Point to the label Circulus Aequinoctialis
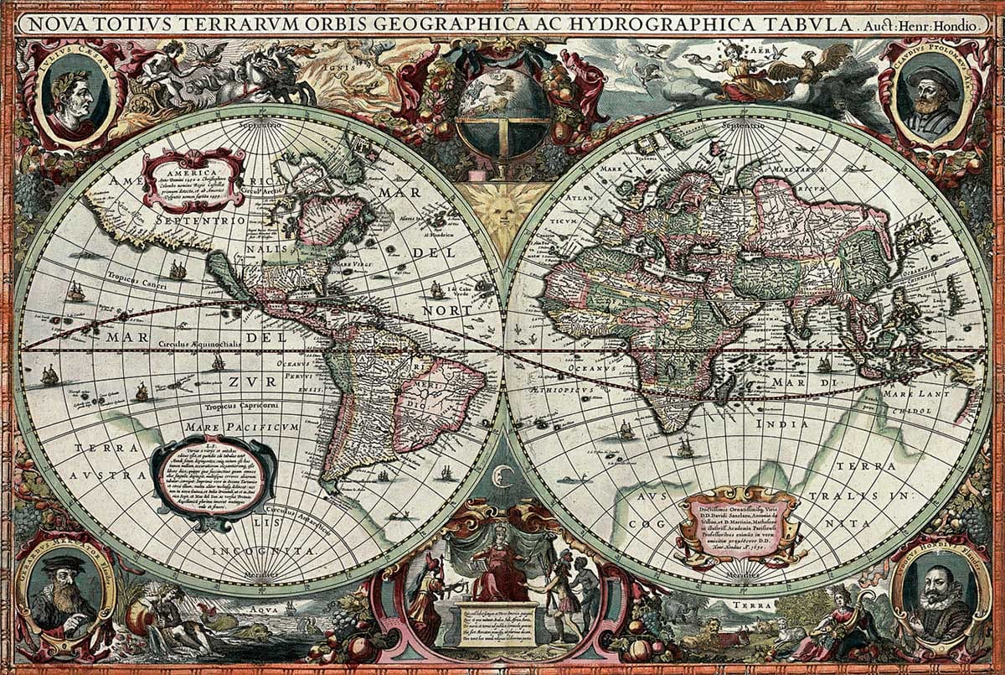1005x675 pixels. (x=201, y=344)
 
